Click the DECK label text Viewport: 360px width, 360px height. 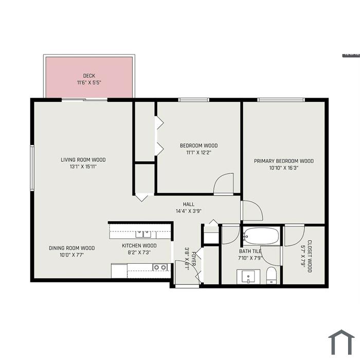click(89, 76)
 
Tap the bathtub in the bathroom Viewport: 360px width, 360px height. click(261, 236)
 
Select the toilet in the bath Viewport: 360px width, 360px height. click(272, 275)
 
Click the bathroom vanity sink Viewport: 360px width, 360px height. click(248, 277)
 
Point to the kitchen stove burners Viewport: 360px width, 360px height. click(160, 267)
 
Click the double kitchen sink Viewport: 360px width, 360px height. click(143, 234)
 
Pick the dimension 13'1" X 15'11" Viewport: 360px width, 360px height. click(83, 167)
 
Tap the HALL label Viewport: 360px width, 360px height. click(189, 204)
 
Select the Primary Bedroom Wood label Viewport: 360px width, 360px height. click(284, 161)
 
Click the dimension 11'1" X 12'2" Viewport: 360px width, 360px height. click(199, 152)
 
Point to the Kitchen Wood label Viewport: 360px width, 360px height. click(139, 246)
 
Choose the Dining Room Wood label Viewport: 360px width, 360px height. click(72, 248)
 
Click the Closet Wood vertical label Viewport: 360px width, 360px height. click(310, 256)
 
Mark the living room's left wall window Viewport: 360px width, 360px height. click(32, 168)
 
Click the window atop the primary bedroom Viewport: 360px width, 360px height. click(281, 100)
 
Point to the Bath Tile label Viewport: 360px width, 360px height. click(250, 251)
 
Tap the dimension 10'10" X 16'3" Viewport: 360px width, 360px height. click(284, 168)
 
